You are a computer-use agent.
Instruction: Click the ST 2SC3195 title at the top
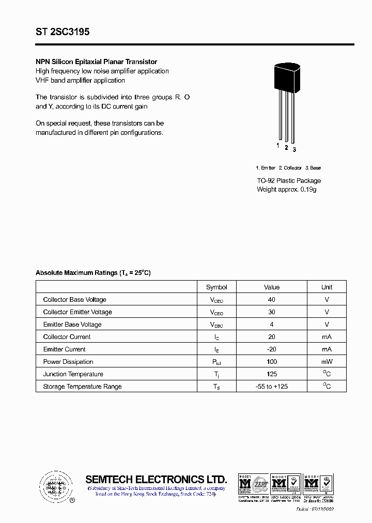click(63, 32)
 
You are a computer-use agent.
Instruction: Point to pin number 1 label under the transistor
click(277, 146)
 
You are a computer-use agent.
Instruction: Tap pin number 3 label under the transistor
click(295, 150)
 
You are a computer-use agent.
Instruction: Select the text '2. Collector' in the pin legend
click(290, 168)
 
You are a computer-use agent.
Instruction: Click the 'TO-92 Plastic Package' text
click(289, 181)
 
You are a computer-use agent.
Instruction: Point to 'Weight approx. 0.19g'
click(286, 190)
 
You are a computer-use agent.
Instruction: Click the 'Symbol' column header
click(216, 287)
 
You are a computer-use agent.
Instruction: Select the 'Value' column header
click(272, 287)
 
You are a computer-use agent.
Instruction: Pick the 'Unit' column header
click(327, 287)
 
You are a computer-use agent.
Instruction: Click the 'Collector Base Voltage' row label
click(75, 300)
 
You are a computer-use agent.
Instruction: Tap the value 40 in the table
click(272, 300)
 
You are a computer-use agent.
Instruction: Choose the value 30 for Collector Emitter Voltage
click(272, 312)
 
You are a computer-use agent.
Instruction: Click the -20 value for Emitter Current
click(272, 349)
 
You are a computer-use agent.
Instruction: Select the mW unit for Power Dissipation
click(327, 362)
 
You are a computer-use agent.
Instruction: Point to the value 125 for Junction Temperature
click(272, 374)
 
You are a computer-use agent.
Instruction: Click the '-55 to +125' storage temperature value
click(272, 387)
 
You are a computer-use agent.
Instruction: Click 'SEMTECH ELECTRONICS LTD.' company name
click(156, 479)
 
